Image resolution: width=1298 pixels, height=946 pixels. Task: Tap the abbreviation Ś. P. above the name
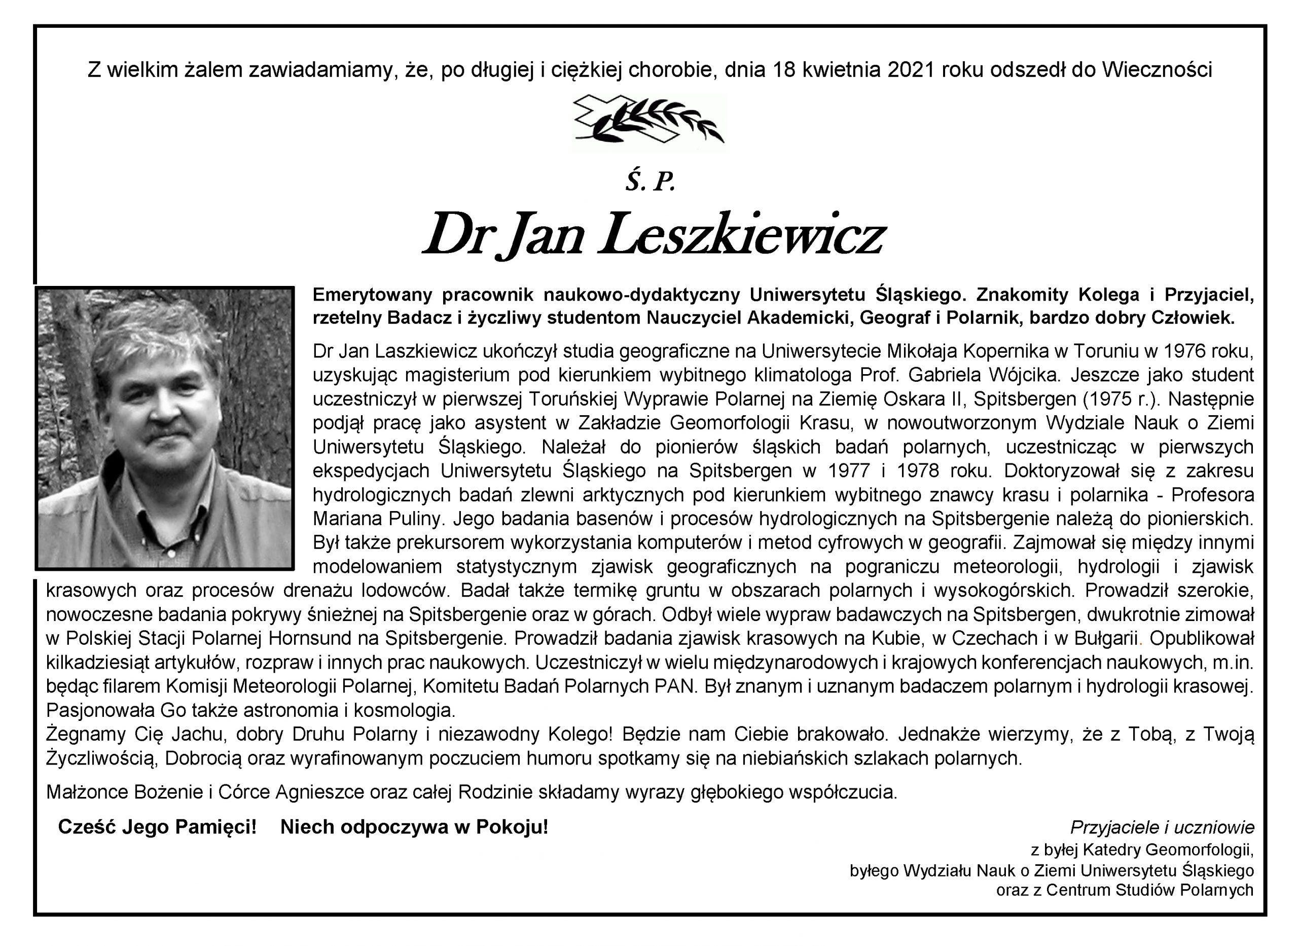pos(650,183)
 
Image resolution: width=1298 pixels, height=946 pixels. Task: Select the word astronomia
pos(292,710)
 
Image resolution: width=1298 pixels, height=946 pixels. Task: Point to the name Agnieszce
pos(320,792)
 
